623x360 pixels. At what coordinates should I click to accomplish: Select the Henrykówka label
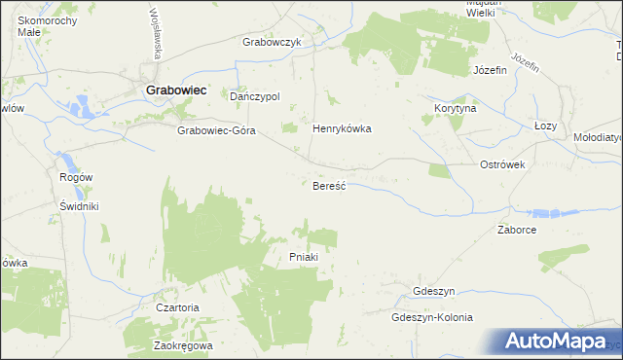click(x=342, y=128)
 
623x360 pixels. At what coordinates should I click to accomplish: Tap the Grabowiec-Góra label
click(x=215, y=130)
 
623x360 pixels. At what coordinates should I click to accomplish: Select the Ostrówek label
click(x=502, y=164)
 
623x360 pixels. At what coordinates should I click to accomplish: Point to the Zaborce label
click(x=517, y=231)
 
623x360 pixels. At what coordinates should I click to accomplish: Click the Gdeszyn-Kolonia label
click(x=431, y=317)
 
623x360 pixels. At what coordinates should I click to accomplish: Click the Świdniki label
click(x=75, y=206)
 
